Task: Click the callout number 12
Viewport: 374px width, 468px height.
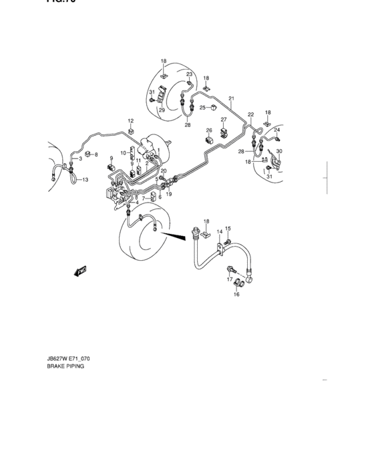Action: coord(131,120)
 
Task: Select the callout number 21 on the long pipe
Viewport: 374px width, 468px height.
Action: coord(231,99)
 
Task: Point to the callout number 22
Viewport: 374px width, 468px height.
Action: coord(251,114)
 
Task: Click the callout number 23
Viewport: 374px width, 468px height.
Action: coord(189,74)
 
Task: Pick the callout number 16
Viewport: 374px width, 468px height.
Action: coord(236,294)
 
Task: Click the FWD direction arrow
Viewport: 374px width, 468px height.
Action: coord(81,270)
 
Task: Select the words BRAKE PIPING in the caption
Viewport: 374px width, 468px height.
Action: coord(65,367)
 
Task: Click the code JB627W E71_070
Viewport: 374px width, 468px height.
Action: coord(68,358)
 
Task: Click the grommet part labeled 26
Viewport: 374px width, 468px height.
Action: coord(209,140)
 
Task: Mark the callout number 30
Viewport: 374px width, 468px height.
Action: coord(279,152)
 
